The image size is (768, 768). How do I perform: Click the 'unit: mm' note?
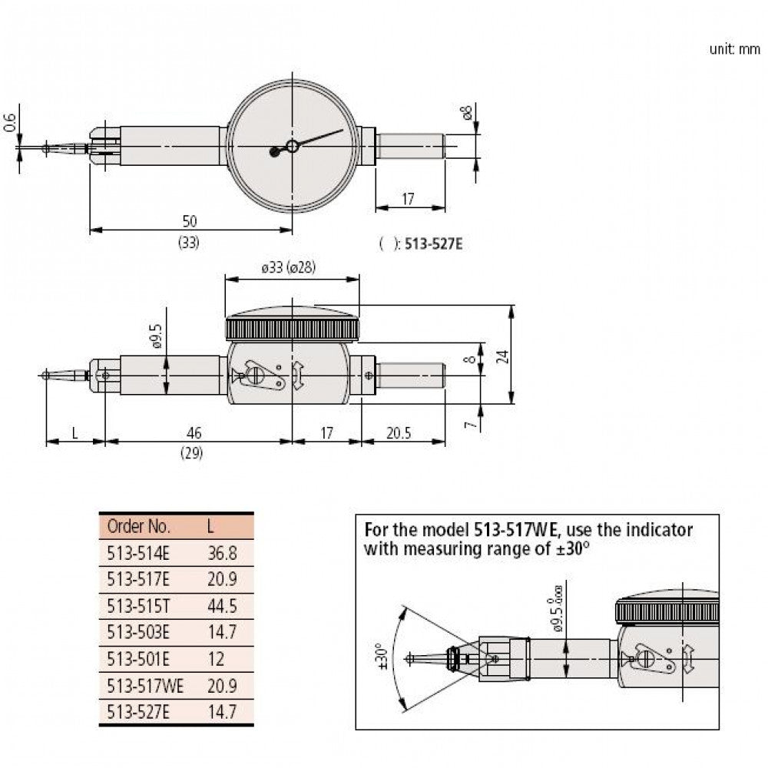point(734,49)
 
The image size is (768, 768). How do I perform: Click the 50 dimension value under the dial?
point(189,221)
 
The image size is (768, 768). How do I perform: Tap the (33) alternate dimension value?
point(189,242)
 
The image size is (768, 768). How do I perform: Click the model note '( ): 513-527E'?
point(422,243)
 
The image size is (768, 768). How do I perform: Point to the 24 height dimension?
point(524,356)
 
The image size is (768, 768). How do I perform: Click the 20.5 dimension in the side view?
point(399,433)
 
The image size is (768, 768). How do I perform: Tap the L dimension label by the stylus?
point(74,433)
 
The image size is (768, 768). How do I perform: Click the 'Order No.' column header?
point(138,528)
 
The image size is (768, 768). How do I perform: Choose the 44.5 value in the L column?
point(222,606)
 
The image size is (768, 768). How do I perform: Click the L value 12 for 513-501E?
point(215,658)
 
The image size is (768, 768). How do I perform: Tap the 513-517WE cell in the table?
point(144,684)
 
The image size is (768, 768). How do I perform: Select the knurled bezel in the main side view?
point(292,329)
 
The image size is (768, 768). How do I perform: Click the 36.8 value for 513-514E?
point(222,554)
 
